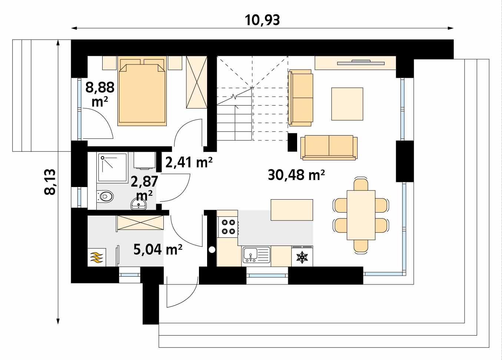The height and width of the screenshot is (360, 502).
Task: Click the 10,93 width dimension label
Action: click(x=262, y=20)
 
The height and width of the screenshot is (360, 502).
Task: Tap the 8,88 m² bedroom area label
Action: click(x=100, y=94)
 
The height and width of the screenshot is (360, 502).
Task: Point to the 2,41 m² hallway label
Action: click(x=189, y=162)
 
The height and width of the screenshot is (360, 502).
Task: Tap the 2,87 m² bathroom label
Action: click(x=144, y=187)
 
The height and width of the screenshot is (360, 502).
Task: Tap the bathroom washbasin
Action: click(x=139, y=203)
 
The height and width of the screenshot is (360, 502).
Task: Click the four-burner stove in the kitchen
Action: click(x=228, y=227)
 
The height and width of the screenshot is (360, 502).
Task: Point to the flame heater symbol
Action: click(x=97, y=257)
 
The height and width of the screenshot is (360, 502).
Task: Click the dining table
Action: click(x=361, y=215)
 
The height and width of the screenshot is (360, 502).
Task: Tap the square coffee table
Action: click(x=347, y=104)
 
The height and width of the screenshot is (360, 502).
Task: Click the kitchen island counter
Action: click(x=292, y=210)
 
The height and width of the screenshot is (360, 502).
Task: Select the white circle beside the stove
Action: click(x=212, y=250)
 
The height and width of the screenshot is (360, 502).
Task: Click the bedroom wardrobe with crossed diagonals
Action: click(x=196, y=82)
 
